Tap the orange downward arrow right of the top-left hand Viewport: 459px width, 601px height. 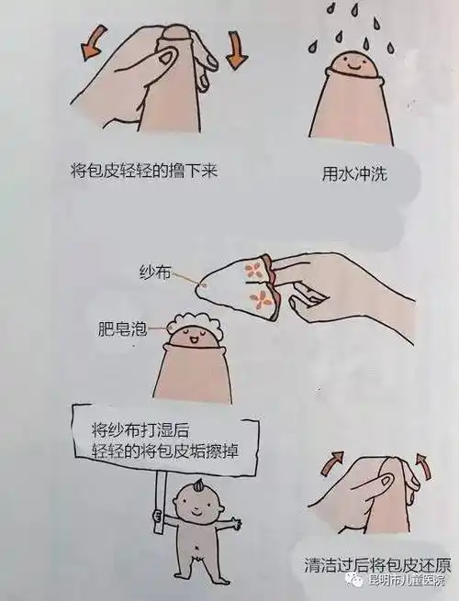236,50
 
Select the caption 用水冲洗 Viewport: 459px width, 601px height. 354,172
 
